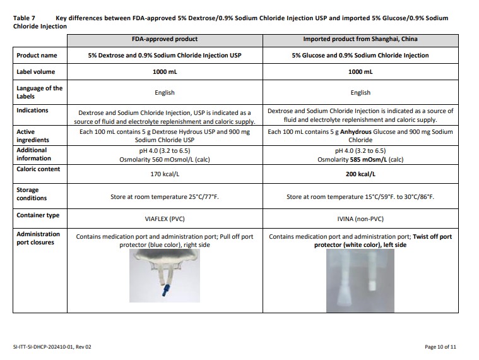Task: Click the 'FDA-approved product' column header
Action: (x=164, y=39)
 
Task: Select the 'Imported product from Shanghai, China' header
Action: (x=360, y=39)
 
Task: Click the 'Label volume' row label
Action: (x=35, y=72)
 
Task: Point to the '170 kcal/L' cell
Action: (x=164, y=174)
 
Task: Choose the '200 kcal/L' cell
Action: (x=360, y=174)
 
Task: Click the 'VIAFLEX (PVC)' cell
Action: (x=164, y=219)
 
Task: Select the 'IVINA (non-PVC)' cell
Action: (x=360, y=219)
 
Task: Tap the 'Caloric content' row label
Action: (x=38, y=169)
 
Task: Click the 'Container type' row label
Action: (x=38, y=215)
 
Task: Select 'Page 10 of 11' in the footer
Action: (x=441, y=347)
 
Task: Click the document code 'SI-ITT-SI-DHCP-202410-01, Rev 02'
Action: (x=52, y=347)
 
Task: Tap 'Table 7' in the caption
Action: (x=25, y=18)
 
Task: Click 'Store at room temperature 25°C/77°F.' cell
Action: (x=164, y=197)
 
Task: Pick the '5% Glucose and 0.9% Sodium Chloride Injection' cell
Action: (x=360, y=56)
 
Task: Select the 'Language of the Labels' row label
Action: (x=39, y=92)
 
